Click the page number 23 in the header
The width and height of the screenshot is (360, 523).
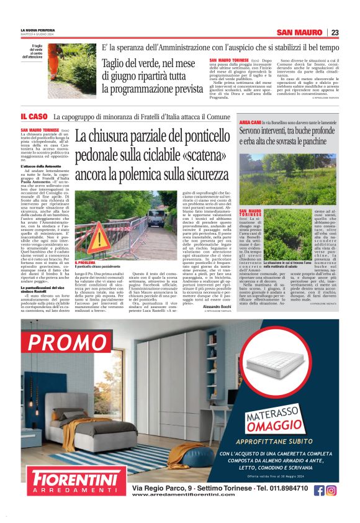[x=335, y=32]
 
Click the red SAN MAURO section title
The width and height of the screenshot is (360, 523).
[x=300, y=32]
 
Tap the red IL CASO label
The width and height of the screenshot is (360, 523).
[x=34, y=117]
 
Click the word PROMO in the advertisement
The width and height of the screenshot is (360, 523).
[x=68, y=343]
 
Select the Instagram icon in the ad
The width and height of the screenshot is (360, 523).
[x=331, y=490]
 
